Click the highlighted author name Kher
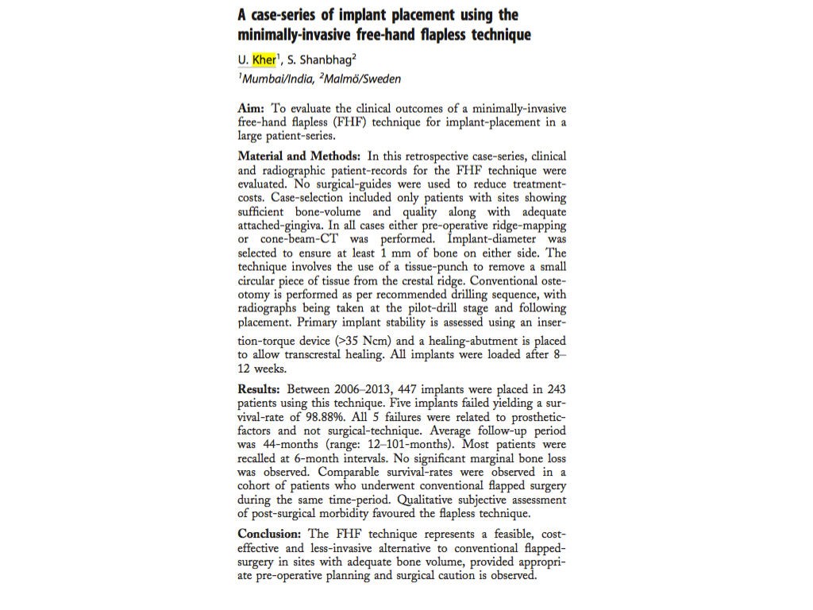(x=264, y=60)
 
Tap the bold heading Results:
(x=260, y=389)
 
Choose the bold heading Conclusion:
(x=270, y=534)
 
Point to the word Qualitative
(x=430, y=500)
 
